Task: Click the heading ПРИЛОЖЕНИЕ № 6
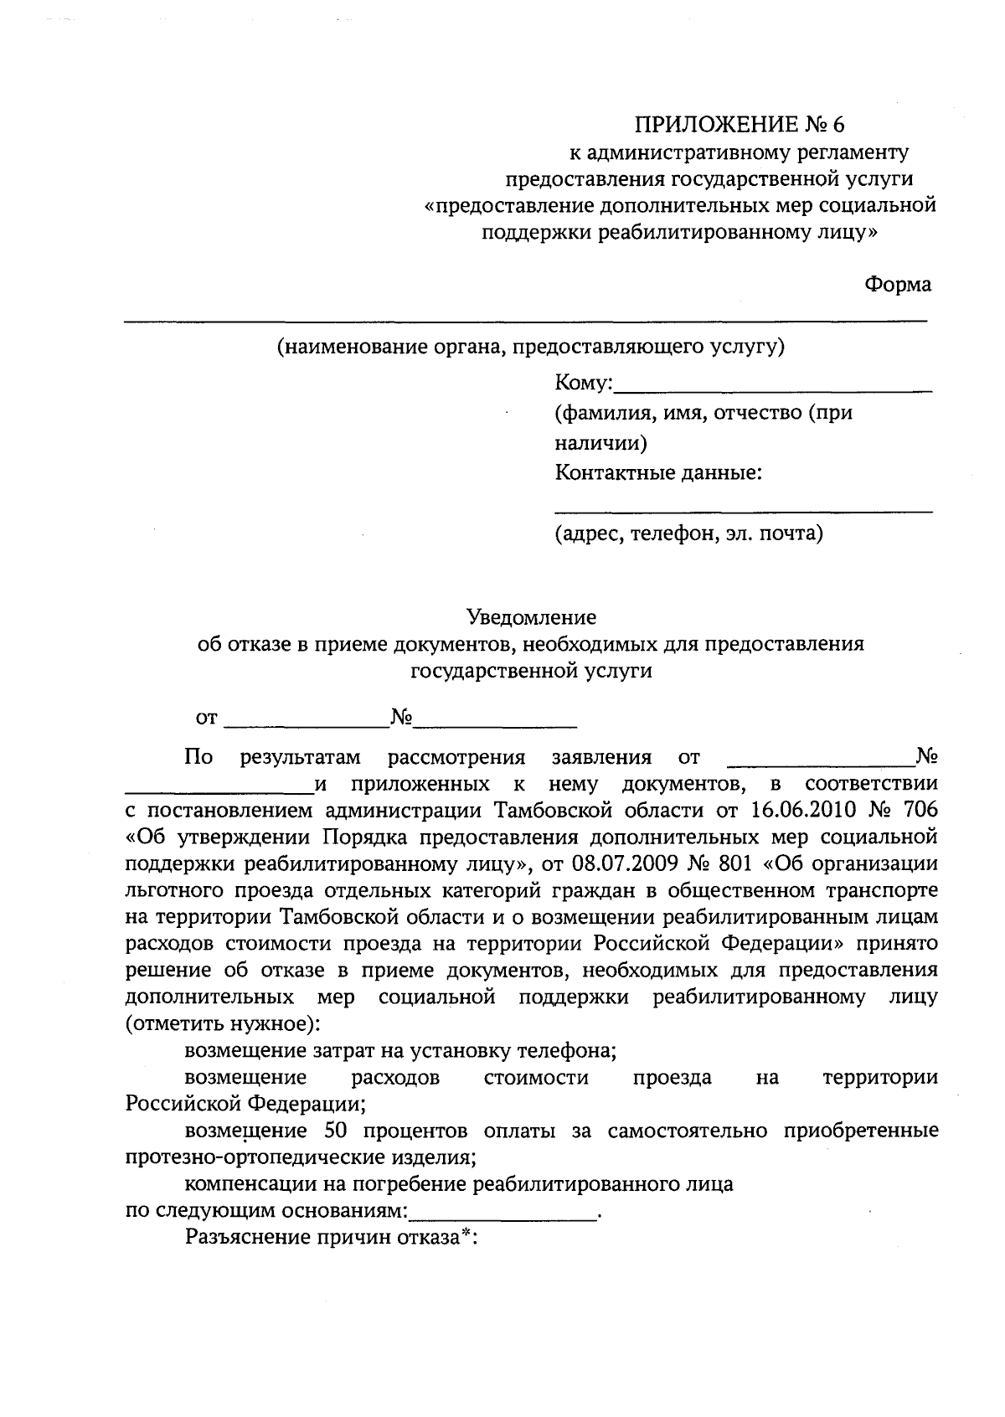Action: pos(740,125)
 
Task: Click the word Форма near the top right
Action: pos(897,285)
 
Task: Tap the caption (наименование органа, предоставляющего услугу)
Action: pos(531,347)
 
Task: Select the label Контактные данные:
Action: pos(658,473)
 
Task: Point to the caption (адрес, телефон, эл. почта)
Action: pos(688,533)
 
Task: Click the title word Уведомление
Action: pos(531,618)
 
